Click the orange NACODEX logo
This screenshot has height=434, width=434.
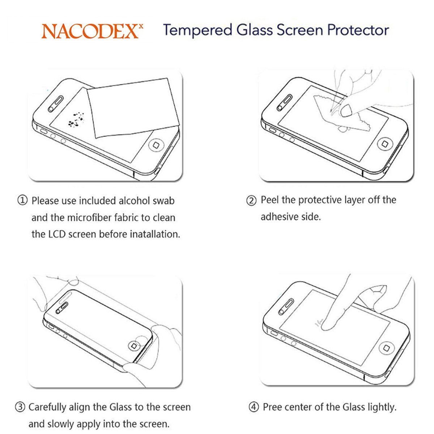(x=92, y=31)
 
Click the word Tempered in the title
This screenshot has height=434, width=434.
(x=197, y=30)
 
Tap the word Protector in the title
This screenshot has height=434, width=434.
(x=358, y=30)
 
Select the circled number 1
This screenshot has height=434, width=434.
(x=22, y=200)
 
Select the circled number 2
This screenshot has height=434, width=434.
(x=251, y=200)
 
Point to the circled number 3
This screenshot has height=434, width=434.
(x=20, y=407)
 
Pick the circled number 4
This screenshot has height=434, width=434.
(x=254, y=407)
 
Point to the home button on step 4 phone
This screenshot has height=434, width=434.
(x=387, y=348)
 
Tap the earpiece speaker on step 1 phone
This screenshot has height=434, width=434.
(x=55, y=104)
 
